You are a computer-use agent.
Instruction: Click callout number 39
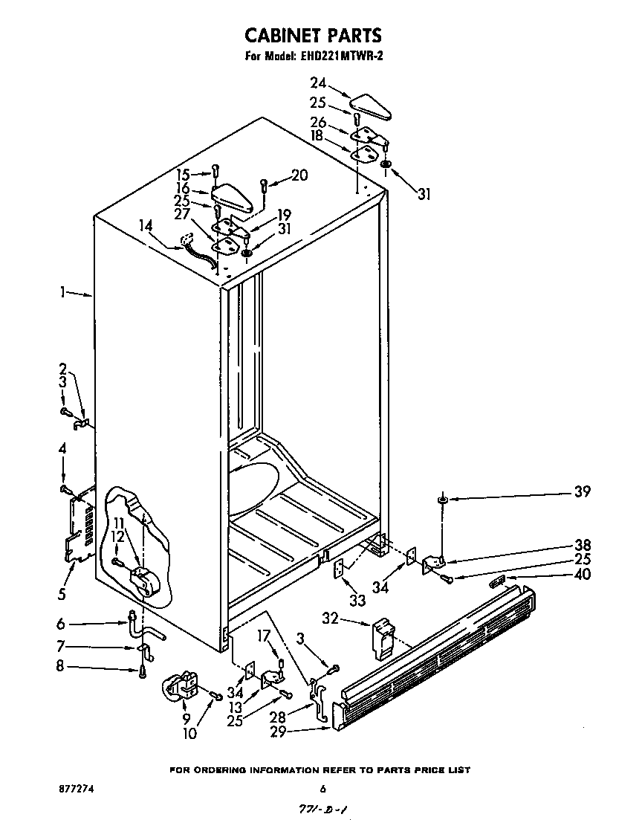coord(582,491)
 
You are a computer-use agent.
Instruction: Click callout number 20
coord(299,175)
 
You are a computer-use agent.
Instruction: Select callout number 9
coord(187,718)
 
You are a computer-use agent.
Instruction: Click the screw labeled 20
coord(265,184)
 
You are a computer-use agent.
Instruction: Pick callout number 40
coord(583,574)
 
